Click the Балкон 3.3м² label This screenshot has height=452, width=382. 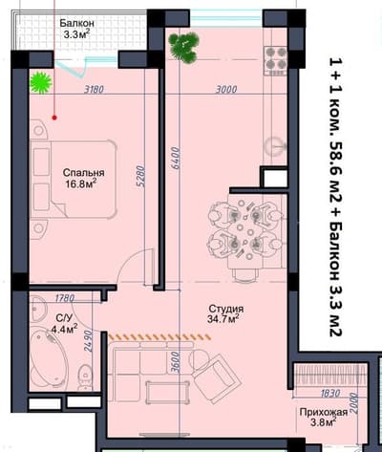pyautogui.click(x=76, y=29)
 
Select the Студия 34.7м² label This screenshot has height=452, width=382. pyautogui.click(x=226, y=313)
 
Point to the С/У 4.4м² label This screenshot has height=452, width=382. pyautogui.click(x=65, y=323)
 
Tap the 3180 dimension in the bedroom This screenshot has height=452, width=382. pyautogui.click(x=95, y=90)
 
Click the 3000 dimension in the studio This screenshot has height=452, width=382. pyautogui.click(x=226, y=89)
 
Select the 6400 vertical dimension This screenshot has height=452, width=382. pyautogui.click(x=176, y=158)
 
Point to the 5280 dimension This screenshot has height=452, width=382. pyautogui.click(x=142, y=176)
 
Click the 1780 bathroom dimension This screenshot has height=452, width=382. pyautogui.click(x=65, y=298)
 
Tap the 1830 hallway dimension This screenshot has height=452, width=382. pyautogui.click(x=330, y=394)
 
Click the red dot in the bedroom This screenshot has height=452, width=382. pyautogui.click(x=54, y=118)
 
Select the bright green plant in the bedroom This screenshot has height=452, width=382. pyautogui.click(x=41, y=83)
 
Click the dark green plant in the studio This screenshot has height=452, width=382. pyautogui.click(x=184, y=47)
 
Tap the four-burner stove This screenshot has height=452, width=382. pyautogui.click(x=276, y=61)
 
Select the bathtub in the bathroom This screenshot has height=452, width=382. pyautogui.click(x=49, y=358)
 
